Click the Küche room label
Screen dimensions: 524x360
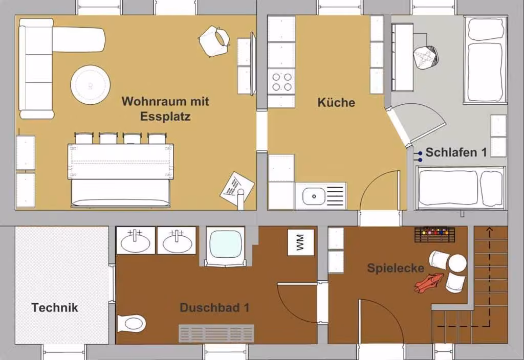tap(336, 102)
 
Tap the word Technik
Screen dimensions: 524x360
tap(55, 307)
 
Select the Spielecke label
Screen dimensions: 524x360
tap(396, 268)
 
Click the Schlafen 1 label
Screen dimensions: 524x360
tap(456, 152)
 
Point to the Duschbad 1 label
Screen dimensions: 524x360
tap(214, 307)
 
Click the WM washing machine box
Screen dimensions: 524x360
tap(301, 242)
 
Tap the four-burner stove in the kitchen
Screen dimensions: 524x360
tap(281, 82)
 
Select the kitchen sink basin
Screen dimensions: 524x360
tap(314, 196)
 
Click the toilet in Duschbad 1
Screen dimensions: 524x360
tap(132, 323)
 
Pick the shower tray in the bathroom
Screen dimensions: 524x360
tap(226, 246)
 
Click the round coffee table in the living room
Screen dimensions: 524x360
tap(90, 85)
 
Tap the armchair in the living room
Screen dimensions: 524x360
tap(214, 41)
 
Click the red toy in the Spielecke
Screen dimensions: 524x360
tap(429, 283)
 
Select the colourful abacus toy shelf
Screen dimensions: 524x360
tap(435, 234)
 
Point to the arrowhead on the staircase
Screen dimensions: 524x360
tap(490, 230)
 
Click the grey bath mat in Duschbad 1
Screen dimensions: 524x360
tap(216, 333)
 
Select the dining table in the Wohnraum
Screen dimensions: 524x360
tap(121, 161)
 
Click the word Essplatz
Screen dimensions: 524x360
tap(165, 117)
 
